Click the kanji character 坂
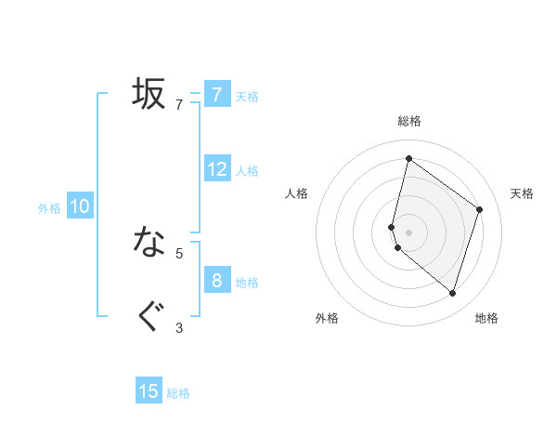click(149, 93)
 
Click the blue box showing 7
click(216, 95)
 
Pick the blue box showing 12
click(217, 169)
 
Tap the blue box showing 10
click(80, 206)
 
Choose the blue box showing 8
click(216, 280)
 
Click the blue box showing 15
click(149, 391)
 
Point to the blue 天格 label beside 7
click(247, 96)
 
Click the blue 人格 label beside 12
click(247, 170)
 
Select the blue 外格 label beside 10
click(49, 208)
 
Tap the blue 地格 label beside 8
click(247, 282)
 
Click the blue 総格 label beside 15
click(178, 393)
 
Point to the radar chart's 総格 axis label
click(409, 121)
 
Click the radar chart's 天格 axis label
click(523, 193)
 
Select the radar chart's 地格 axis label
click(486, 318)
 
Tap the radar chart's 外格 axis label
click(327, 318)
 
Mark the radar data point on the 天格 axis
click(480, 209)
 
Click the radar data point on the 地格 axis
click(452, 294)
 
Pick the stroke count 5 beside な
click(179, 252)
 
